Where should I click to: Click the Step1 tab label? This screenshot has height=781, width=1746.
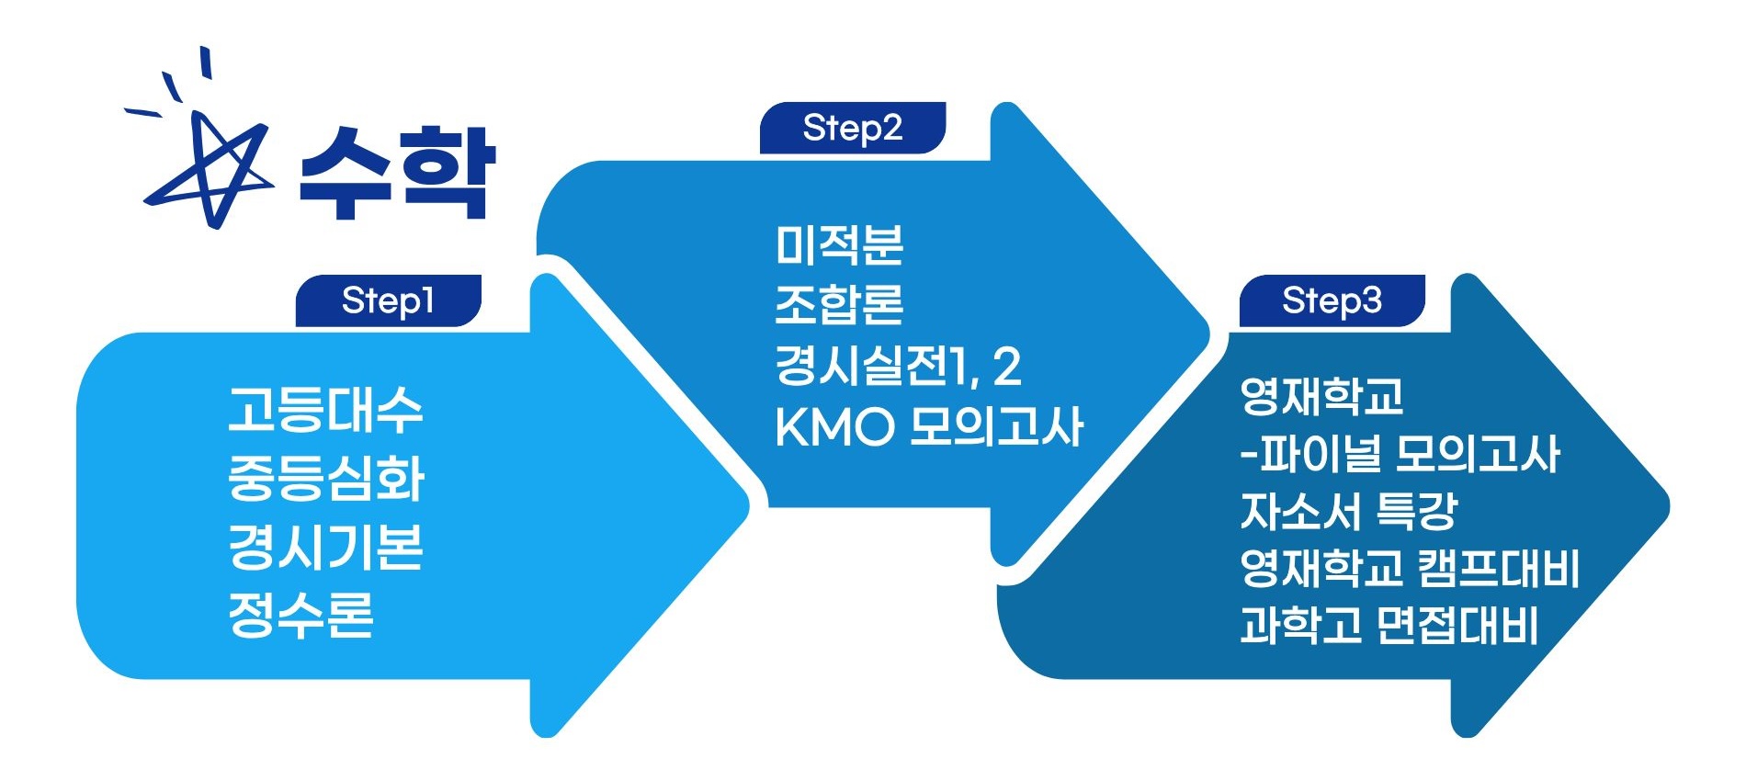(388, 300)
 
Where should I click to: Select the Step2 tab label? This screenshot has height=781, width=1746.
(852, 128)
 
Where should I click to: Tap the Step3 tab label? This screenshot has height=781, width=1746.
(1332, 300)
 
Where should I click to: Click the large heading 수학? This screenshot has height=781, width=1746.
(397, 173)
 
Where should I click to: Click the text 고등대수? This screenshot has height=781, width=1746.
(325, 410)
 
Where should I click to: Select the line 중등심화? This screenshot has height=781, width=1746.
(325, 478)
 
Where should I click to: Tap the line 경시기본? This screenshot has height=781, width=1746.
(325, 547)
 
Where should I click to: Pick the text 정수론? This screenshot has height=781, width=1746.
(300, 615)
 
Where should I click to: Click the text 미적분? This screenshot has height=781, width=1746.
(839, 244)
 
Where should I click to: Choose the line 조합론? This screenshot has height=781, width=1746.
(839, 305)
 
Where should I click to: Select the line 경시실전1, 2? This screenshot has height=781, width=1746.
(898, 366)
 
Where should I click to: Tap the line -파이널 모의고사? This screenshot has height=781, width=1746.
(1400, 454)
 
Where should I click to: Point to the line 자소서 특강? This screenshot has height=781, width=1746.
(1348, 512)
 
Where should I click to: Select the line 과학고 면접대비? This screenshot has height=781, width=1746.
(1389, 626)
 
